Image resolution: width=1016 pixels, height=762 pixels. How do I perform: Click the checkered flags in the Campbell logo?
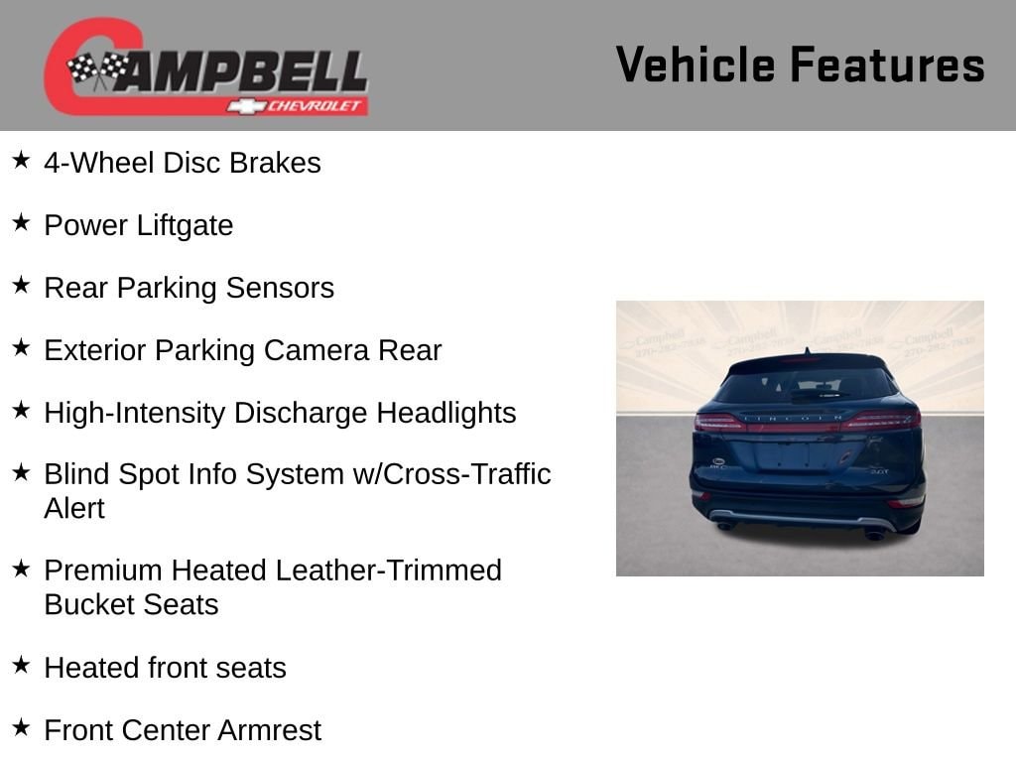(x=98, y=68)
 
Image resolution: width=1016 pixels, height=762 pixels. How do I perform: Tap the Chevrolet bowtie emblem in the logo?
(x=246, y=106)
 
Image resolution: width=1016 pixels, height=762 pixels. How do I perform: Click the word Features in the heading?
(x=888, y=64)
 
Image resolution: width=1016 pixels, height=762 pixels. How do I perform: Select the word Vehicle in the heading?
(x=696, y=64)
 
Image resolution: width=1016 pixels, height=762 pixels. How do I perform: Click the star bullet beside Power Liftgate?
(x=22, y=222)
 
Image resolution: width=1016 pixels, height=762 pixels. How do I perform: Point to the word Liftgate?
(x=185, y=225)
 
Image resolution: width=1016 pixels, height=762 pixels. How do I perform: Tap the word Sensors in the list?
(x=280, y=288)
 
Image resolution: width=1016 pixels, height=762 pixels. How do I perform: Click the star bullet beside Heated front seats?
(x=22, y=665)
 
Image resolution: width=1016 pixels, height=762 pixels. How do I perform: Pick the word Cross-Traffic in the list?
(x=466, y=473)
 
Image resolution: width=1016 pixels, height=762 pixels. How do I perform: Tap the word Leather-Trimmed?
(x=388, y=571)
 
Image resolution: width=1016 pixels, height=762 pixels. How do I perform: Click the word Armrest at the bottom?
(x=269, y=730)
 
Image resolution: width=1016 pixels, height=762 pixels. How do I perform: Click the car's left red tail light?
(x=720, y=422)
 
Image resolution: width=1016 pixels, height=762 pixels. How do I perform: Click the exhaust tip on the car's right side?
(x=875, y=535)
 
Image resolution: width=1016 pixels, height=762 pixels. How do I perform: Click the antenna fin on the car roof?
(x=808, y=351)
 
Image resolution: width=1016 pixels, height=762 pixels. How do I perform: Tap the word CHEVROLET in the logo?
(x=314, y=106)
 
